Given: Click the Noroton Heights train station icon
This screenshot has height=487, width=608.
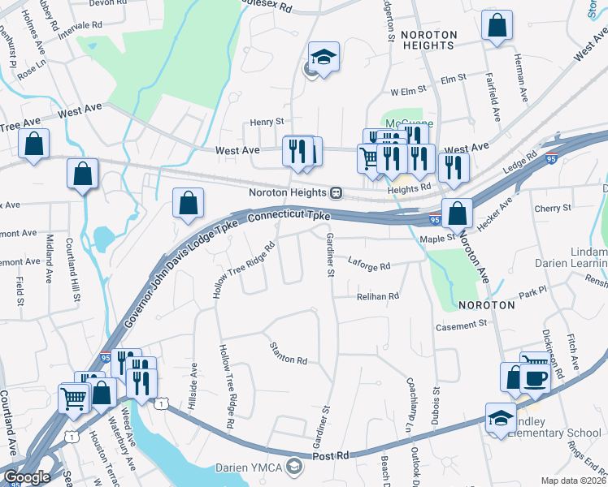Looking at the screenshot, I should tap(336, 193).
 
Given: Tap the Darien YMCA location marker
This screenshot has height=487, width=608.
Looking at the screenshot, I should tap(294, 468).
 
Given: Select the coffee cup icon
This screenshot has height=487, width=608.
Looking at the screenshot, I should tap(536, 379).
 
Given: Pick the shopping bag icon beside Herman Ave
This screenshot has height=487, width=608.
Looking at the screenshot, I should tap(497, 25).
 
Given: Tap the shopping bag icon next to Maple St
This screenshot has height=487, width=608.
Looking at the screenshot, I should tap(457, 213).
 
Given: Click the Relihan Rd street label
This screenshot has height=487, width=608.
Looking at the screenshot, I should tap(378, 297).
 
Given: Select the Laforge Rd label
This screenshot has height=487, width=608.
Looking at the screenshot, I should tap(369, 265).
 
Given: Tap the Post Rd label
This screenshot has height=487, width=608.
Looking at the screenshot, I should tap(332, 456).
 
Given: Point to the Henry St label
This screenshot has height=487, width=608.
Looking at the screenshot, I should tap(266, 122).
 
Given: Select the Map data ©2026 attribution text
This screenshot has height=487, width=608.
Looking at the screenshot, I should tap(573, 481).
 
